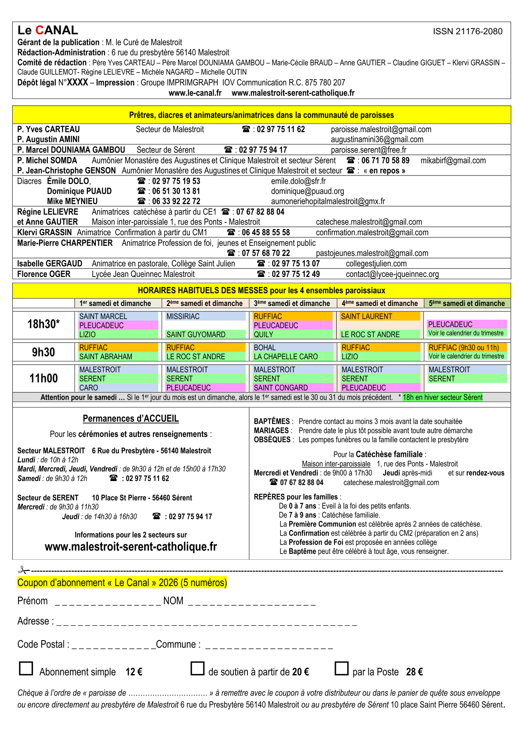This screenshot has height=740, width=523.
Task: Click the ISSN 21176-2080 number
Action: click(467, 31)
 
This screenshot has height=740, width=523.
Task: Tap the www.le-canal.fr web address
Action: click(195, 93)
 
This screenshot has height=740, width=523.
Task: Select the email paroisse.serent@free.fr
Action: click(368, 150)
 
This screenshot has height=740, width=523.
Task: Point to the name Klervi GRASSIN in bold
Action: click(44, 233)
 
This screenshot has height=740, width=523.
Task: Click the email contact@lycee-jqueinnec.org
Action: click(392, 274)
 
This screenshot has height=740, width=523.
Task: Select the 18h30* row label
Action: click(44, 324)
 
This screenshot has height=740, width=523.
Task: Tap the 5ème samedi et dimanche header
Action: click(467, 303)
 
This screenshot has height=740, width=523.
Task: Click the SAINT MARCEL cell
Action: click(103, 317)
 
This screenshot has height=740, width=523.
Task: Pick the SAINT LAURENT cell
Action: click(367, 317)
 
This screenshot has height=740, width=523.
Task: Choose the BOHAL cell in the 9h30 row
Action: click(265, 348)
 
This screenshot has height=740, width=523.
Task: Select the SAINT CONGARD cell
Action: click(281, 388)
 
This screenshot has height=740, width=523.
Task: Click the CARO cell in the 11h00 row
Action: click(89, 388)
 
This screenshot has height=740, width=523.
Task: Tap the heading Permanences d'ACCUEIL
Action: click(131, 419)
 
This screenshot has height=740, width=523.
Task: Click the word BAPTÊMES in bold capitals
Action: click(272, 421)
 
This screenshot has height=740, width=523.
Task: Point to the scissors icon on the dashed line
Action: click(23, 570)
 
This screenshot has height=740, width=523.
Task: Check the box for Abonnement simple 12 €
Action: click(26, 668)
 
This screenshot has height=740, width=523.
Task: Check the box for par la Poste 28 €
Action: click(341, 668)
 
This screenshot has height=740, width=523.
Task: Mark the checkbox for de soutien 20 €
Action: click(198, 668)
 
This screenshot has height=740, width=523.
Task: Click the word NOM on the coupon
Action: click(173, 601)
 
